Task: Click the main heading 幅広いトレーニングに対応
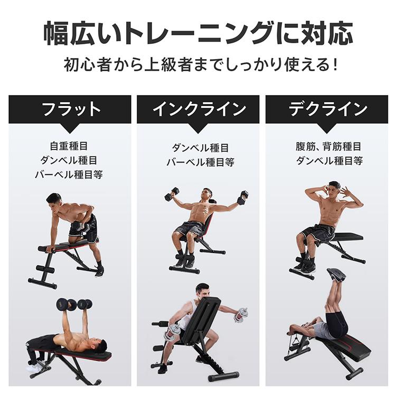click(198, 33)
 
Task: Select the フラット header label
click(70, 109)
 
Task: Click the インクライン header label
click(199, 109)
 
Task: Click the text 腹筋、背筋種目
click(328, 147)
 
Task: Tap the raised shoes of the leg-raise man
click(336, 274)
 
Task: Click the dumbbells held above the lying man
click(74, 304)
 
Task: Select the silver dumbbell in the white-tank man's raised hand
click(241, 315)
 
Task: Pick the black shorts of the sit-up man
click(319, 233)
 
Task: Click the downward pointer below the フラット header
click(70, 128)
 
